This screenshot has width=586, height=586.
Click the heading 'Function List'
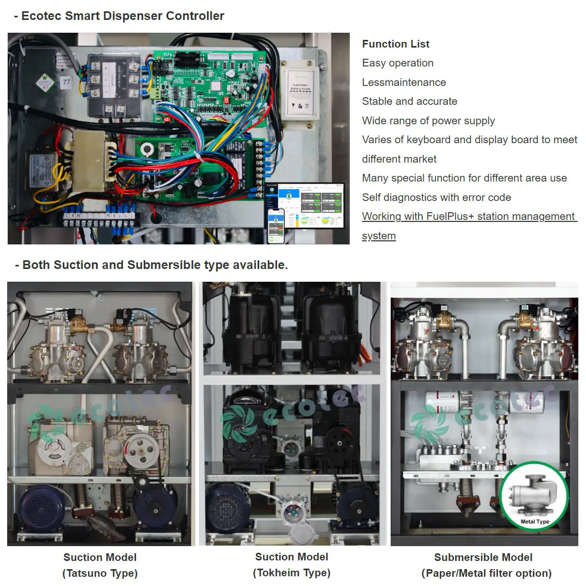(x=395, y=44)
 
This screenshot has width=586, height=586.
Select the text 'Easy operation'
(x=397, y=63)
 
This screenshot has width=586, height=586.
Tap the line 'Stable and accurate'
(x=409, y=101)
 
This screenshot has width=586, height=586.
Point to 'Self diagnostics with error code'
(x=436, y=197)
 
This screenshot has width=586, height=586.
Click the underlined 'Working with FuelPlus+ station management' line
(x=468, y=216)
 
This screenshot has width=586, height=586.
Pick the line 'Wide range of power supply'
(x=428, y=121)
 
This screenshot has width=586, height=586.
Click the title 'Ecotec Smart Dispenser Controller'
(x=122, y=16)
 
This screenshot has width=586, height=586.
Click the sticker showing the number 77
(x=66, y=82)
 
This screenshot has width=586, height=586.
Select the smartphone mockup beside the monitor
(x=276, y=225)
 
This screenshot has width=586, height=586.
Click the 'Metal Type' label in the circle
(x=534, y=522)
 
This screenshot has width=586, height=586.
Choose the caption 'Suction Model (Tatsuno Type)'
(x=100, y=565)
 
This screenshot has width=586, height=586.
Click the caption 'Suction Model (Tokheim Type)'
(x=291, y=565)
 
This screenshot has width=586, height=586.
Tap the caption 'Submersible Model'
(x=483, y=557)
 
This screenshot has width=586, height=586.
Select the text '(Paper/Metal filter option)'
(x=486, y=573)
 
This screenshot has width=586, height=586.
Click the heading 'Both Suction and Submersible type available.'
(x=155, y=265)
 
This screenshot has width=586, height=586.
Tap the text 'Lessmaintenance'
(x=403, y=82)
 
